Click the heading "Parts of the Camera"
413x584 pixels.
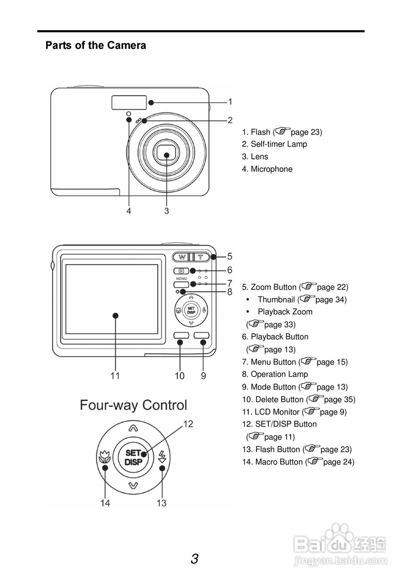click(x=96, y=46)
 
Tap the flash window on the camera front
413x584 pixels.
click(x=129, y=103)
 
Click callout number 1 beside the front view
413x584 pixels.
click(x=230, y=101)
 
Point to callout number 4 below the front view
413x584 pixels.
click(x=129, y=211)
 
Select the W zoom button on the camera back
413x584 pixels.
click(x=181, y=257)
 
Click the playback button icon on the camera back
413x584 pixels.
click(x=181, y=271)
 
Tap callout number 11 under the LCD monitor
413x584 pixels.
click(x=115, y=375)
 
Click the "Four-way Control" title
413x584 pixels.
click(x=133, y=405)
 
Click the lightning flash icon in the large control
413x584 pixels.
click(x=162, y=456)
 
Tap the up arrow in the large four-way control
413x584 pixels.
click(x=133, y=428)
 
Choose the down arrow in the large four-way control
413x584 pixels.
click(x=133, y=485)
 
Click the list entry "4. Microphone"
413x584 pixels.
click(x=267, y=169)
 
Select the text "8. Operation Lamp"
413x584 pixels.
click(x=275, y=374)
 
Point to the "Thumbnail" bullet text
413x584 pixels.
click(x=276, y=300)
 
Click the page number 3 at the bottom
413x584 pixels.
click(x=194, y=559)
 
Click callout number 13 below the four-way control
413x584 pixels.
click(x=162, y=503)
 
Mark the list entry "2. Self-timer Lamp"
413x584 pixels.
click(x=274, y=144)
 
